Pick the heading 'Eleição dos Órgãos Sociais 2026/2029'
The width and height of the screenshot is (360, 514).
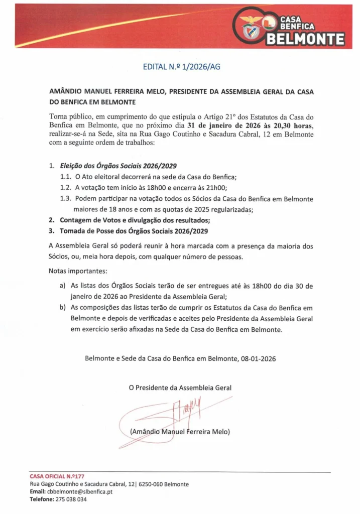coord(118,166)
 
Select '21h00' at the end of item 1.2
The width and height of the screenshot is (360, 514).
coord(216,188)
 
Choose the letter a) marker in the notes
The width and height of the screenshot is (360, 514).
coord(62,286)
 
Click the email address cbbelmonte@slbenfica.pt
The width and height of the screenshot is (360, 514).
coord(83,491)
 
